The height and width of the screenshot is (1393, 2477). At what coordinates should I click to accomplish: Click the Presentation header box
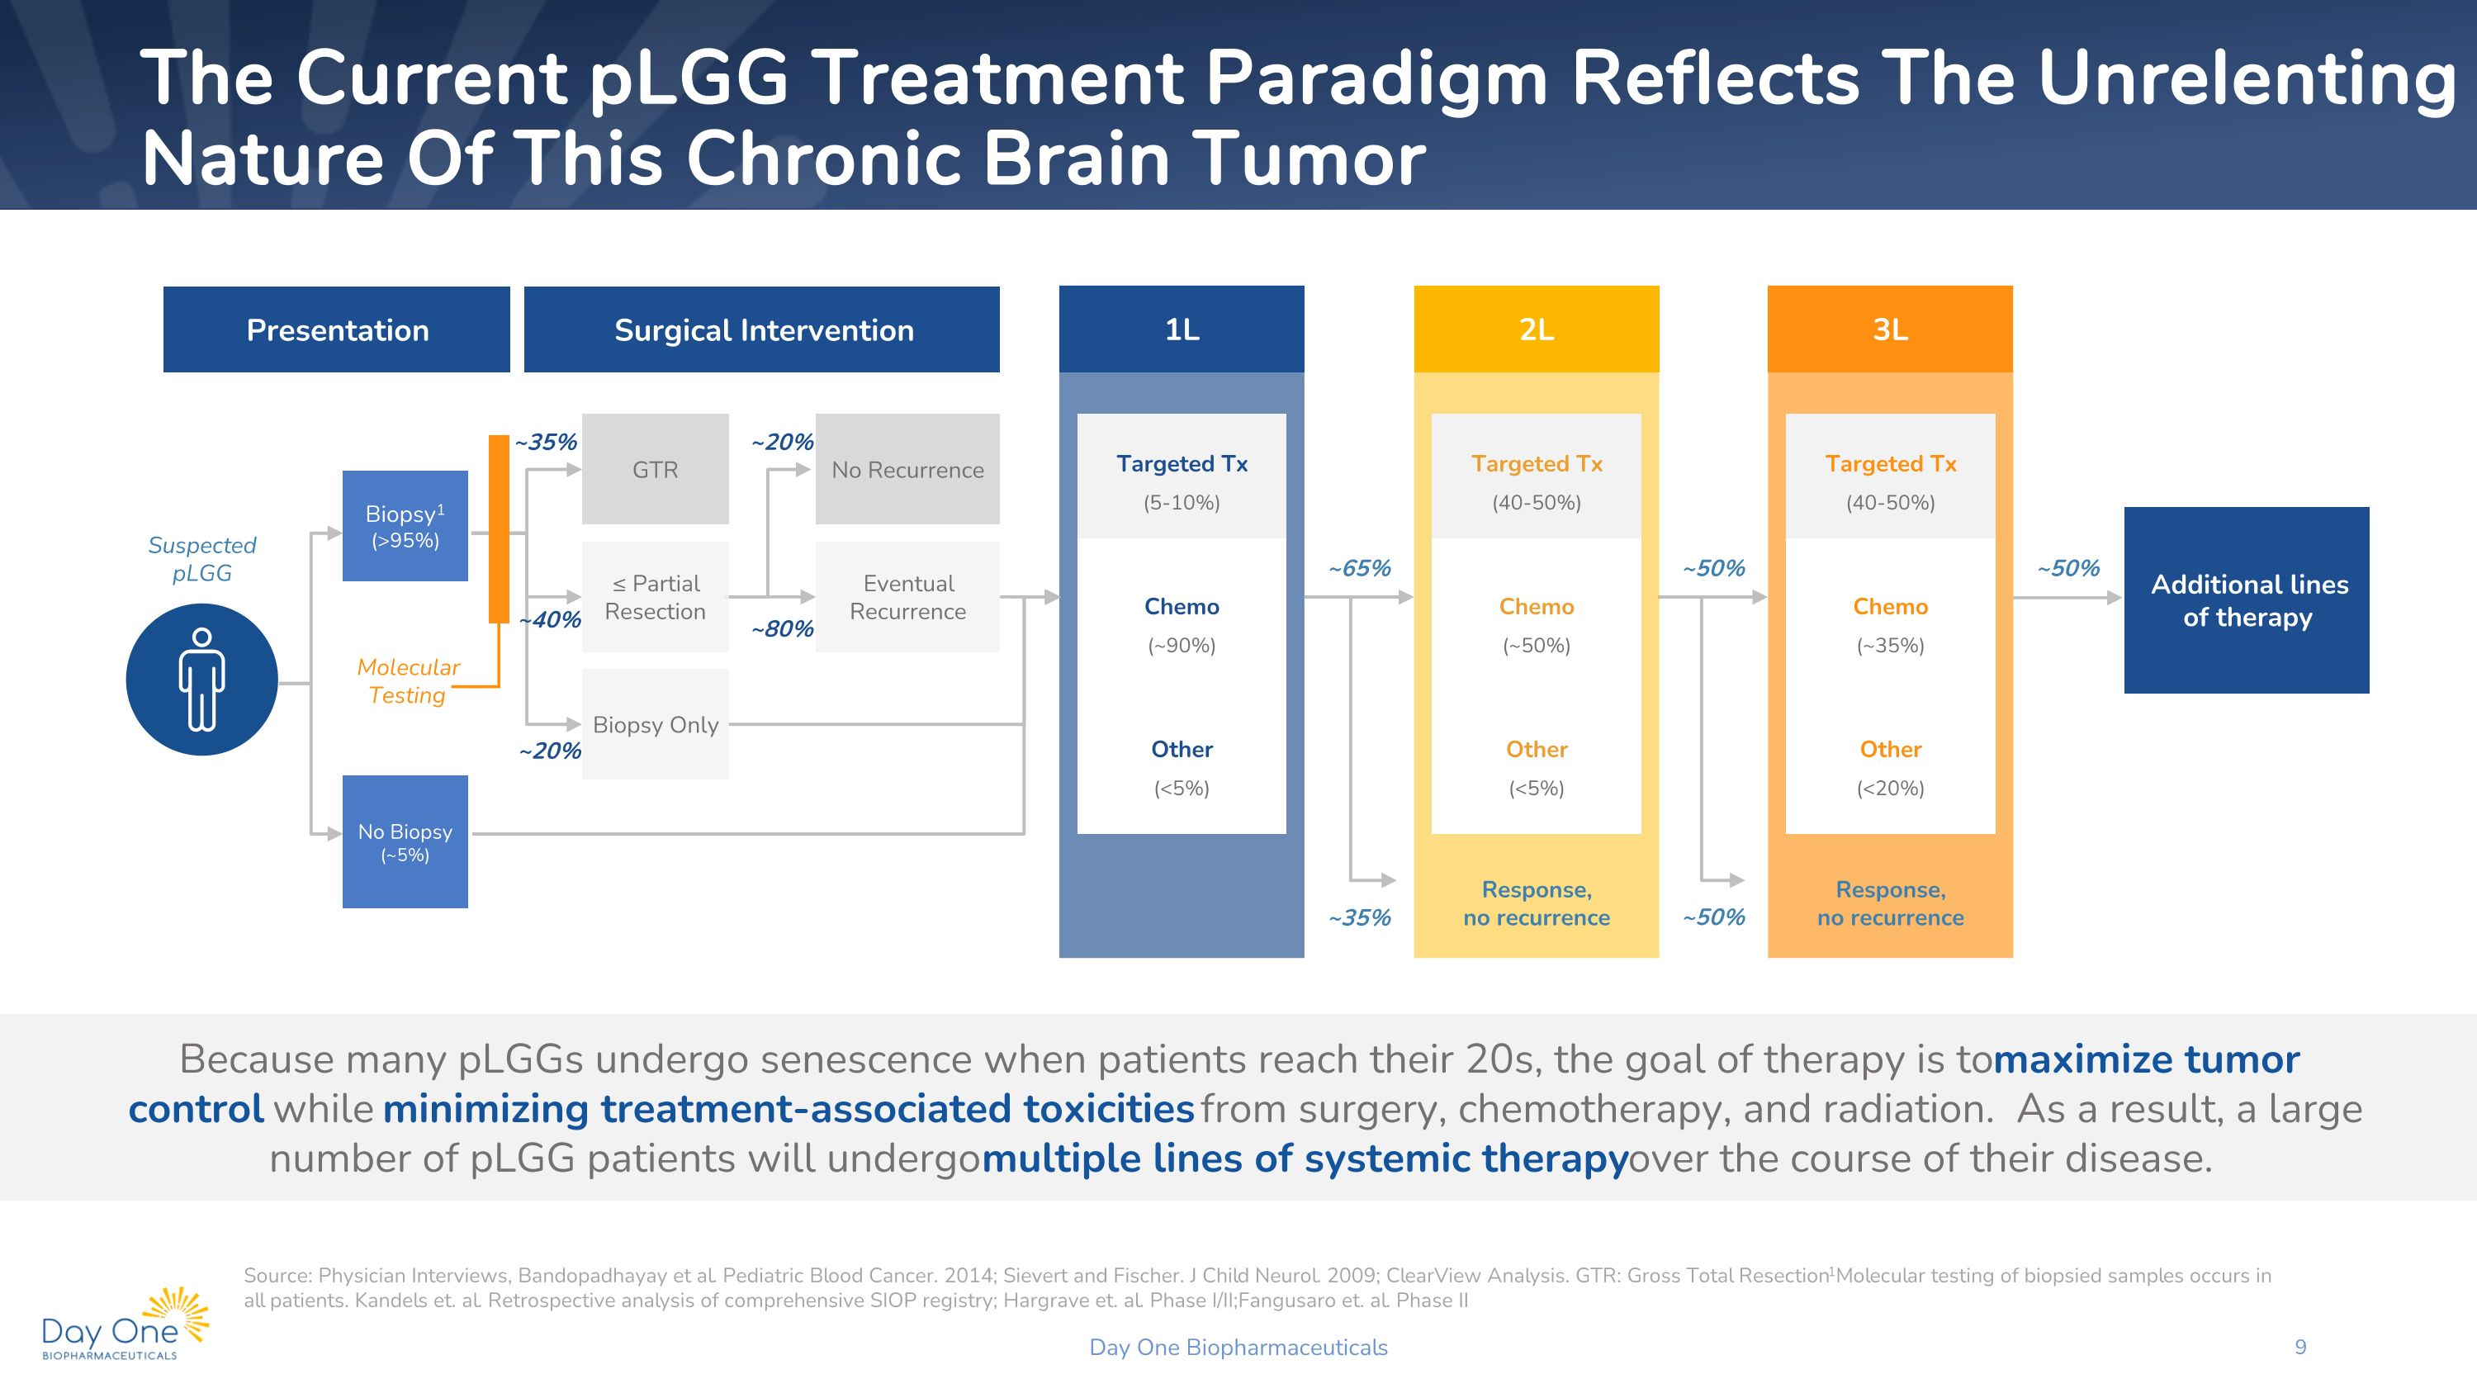pyautogui.click(x=337, y=329)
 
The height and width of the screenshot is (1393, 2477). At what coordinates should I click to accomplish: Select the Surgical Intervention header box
pyautogui.click(x=761, y=329)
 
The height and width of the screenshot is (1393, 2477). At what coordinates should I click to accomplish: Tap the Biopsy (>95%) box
pyautogui.click(x=405, y=526)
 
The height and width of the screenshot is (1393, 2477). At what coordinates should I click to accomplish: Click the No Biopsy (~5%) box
pyautogui.click(x=405, y=841)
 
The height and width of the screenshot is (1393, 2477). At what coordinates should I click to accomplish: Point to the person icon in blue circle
pyautogui.click(x=202, y=680)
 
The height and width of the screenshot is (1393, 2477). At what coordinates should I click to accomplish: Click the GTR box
pyautogui.click(x=655, y=469)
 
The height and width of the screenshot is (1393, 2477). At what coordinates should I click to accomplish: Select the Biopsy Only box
pyautogui.click(x=655, y=724)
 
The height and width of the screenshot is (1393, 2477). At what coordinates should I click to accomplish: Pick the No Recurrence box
pyautogui.click(x=907, y=469)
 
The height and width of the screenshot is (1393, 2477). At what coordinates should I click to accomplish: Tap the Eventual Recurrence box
pyautogui.click(x=907, y=597)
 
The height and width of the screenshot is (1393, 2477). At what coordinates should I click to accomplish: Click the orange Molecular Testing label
pyautogui.click(x=408, y=680)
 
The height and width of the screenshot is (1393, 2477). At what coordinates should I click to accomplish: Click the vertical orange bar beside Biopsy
pyautogui.click(x=498, y=528)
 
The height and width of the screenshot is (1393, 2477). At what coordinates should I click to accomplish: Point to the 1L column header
pyautogui.click(x=1181, y=329)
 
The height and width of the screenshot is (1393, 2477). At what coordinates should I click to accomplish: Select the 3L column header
pyautogui.click(x=1889, y=329)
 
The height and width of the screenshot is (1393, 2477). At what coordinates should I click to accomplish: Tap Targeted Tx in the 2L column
pyautogui.click(x=1536, y=464)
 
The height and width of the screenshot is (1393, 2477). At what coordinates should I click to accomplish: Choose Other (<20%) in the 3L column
pyautogui.click(x=1889, y=767)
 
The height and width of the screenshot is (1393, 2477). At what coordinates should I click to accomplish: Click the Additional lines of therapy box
pyautogui.click(x=2246, y=599)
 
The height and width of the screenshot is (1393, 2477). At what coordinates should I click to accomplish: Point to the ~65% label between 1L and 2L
pyautogui.click(x=1359, y=568)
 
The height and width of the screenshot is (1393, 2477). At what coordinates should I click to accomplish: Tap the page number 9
pyautogui.click(x=2300, y=1347)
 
